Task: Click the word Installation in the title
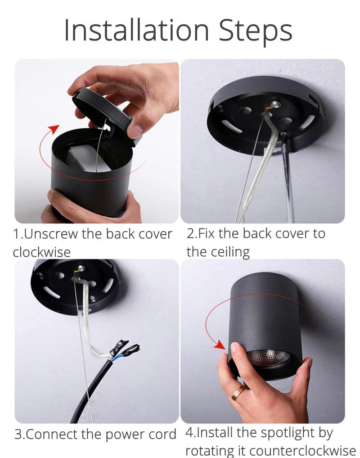pyautogui.click(x=136, y=30)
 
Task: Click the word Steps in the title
pyautogui.click(x=256, y=32)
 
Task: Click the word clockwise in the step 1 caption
pyautogui.click(x=42, y=252)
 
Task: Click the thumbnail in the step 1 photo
pyautogui.click(x=135, y=130)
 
